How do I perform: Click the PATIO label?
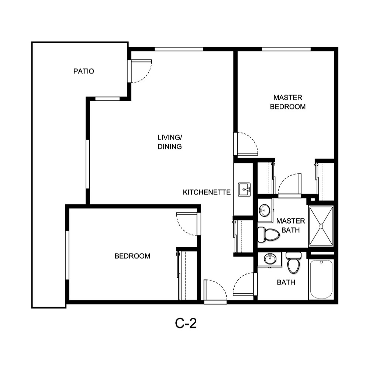tap(84, 71)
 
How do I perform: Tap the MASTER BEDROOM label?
tap(288, 102)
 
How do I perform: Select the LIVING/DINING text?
tap(170, 142)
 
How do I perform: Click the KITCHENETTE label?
tap(207, 192)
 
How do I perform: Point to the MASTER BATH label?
tap(291, 225)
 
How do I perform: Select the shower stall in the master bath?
tap(321, 226)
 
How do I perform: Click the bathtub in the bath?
tap(321, 279)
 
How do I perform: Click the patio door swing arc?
tap(142, 72)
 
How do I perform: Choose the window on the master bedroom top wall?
tap(286, 49)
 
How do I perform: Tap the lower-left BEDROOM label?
tap(132, 256)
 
